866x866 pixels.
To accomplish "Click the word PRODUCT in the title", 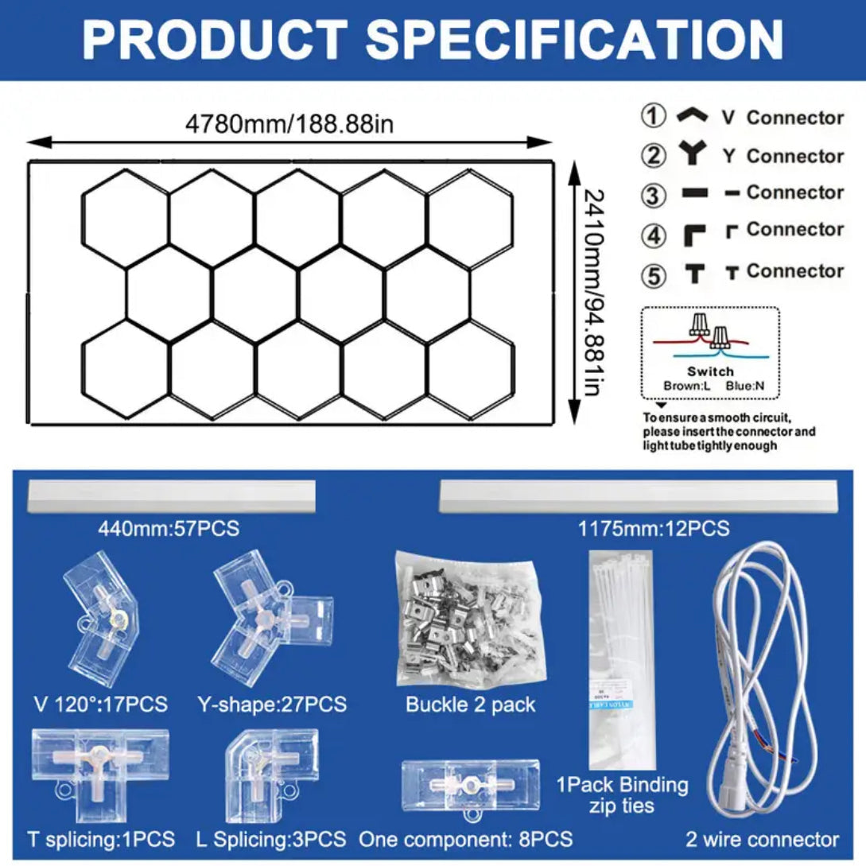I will [x=214, y=39].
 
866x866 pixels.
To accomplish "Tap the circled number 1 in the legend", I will [x=653, y=116].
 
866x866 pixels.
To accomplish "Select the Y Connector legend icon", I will [x=693, y=154].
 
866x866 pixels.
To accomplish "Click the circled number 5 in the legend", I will [x=653, y=275].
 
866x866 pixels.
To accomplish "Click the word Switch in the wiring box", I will [x=710, y=371].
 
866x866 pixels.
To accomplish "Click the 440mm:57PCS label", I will [x=169, y=528].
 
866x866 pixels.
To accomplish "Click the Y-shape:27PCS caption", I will [x=272, y=704].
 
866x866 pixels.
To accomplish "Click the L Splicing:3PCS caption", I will [x=271, y=839].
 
